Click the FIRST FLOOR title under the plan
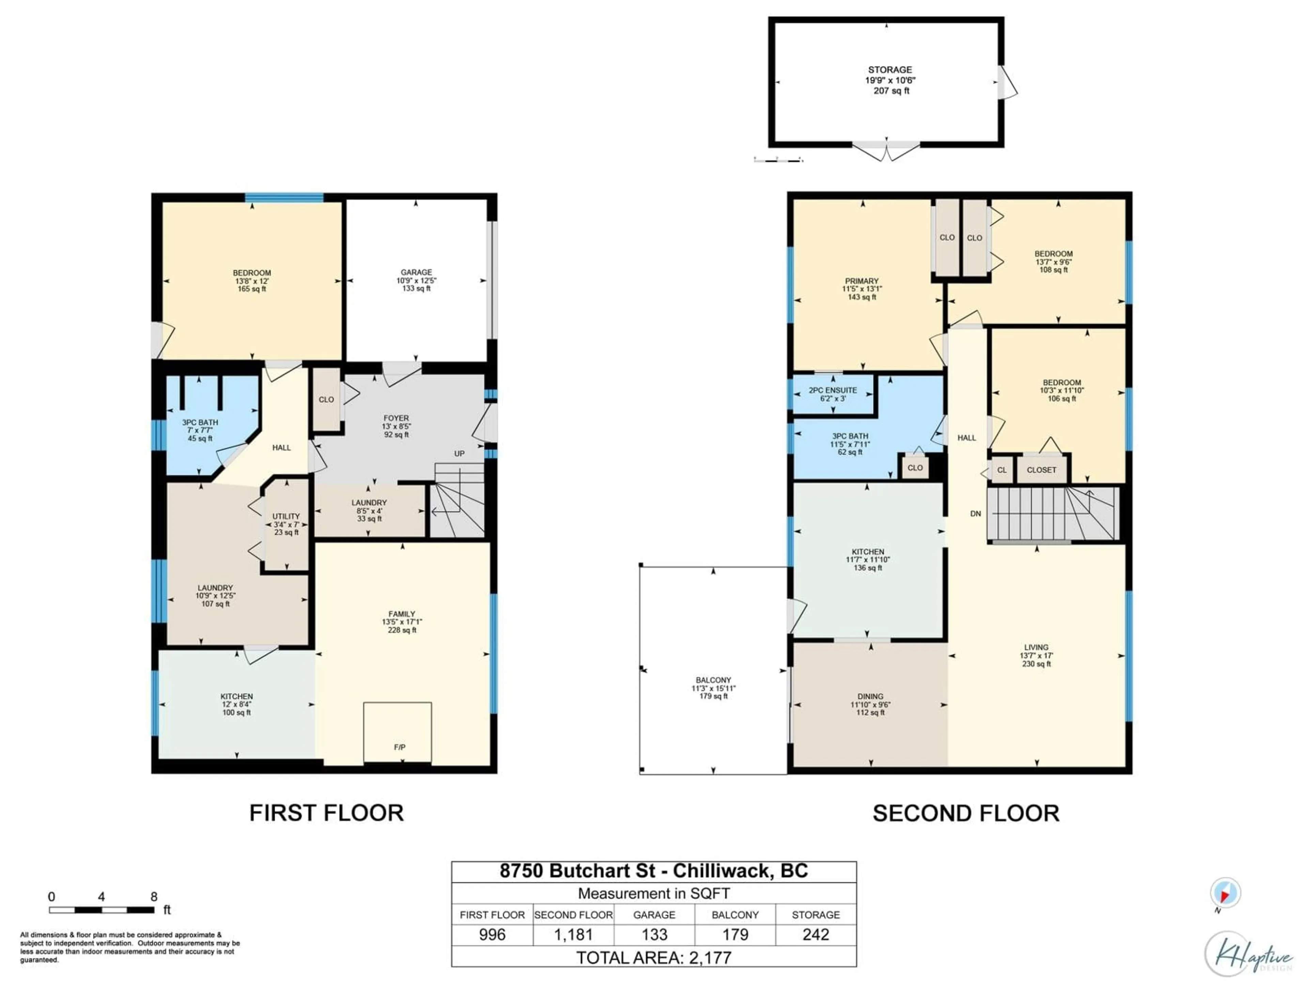pyautogui.click(x=326, y=813)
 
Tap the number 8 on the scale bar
pyautogui.click(x=154, y=897)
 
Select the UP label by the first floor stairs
pyautogui.click(x=459, y=454)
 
